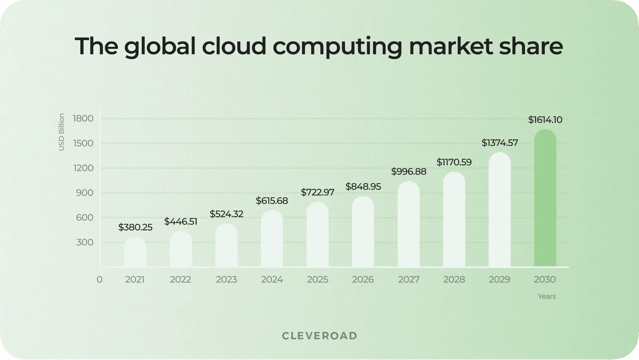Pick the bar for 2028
[x=454, y=220]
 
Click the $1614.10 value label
[x=545, y=120]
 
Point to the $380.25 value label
[x=135, y=227]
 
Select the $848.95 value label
[x=363, y=187]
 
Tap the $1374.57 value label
[x=500, y=143]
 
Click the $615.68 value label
[x=272, y=201]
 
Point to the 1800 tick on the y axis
[x=83, y=118]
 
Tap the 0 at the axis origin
[x=99, y=279]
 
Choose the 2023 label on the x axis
[x=226, y=279]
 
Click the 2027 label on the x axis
[x=409, y=279]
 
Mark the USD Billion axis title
[x=62, y=132]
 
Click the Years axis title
[x=546, y=296]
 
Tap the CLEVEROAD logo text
[x=319, y=336]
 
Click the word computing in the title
[x=337, y=46]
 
